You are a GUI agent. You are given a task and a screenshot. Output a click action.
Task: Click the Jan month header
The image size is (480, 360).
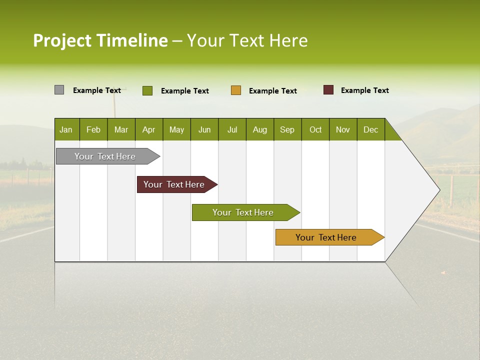pos(66,129)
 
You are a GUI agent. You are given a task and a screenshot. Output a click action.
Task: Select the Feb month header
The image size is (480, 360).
pos(93,129)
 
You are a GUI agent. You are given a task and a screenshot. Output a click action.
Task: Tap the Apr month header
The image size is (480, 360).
pos(148,129)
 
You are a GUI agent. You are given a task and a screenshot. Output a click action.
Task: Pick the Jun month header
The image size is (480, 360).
pos(204,129)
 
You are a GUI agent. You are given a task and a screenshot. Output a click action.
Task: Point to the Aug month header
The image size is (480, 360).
pos(260,129)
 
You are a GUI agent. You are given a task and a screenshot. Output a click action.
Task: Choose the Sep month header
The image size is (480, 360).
pos(287,129)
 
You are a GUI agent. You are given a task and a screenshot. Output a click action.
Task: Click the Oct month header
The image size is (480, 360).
pos(315,129)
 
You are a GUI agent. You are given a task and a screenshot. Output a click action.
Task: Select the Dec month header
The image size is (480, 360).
pos(370,129)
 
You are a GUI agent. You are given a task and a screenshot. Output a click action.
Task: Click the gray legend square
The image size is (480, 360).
pos(59,90)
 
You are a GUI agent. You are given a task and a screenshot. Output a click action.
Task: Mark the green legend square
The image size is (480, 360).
pos(147,90)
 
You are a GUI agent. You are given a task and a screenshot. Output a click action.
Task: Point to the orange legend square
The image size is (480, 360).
pos(236,90)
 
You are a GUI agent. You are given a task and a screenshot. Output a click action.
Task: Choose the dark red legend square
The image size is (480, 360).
pos(328,90)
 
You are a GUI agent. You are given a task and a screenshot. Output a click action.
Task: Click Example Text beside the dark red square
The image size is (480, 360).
pos(364,90)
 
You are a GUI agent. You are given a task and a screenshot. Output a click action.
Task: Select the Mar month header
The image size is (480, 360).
pos(121,129)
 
